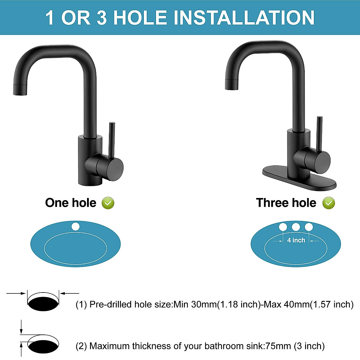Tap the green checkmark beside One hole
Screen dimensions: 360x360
click(108, 203)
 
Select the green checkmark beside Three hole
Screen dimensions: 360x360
click(328, 203)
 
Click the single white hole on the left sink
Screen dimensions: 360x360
click(76, 226)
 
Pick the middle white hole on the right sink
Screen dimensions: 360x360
click(296, 227)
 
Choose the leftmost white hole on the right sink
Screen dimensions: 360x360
click(283, 227)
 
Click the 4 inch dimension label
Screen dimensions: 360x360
click(296, 240)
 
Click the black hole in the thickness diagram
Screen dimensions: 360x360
click(43, 346)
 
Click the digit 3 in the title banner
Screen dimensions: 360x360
click(101, 18)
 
